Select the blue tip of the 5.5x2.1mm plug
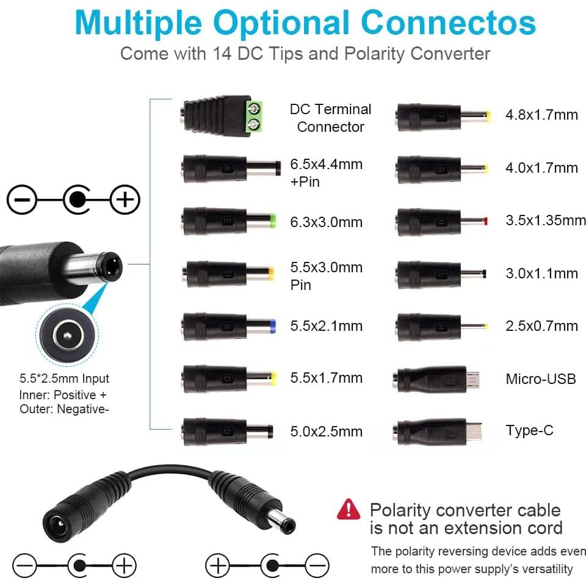click(272, 326)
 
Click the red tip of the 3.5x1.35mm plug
click(485, 221)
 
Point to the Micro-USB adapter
click(436, 379)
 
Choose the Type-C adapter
click(437, 432)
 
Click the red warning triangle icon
click(349, 509)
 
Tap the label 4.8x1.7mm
click(541, 115)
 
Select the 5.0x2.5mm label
click(326, 432)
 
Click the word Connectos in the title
click(449, 23)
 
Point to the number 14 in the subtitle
click(222, 54)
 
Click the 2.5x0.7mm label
click(541, 326)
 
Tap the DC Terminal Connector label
click(330, 118)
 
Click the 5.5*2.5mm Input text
click(64, 378)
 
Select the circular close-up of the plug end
click(67, 335)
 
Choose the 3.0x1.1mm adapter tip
click(441, 275)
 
